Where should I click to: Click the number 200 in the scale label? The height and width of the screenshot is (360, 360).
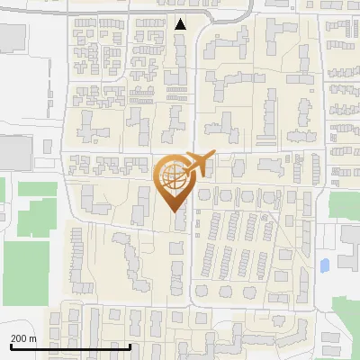[19, 338]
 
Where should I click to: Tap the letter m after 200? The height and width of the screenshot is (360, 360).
[33, 338]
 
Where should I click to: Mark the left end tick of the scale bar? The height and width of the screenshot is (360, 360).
[10, 346]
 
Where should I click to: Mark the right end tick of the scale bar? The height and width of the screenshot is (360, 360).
[130, 346]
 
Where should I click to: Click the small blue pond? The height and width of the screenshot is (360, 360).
[324, 265]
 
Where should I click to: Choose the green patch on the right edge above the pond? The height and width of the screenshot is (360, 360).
[344, 205]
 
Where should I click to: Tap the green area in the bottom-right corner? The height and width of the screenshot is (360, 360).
[347, 324]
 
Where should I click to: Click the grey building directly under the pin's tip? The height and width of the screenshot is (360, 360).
[178, 220]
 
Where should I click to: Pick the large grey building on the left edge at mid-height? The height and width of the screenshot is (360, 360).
[13, 149]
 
